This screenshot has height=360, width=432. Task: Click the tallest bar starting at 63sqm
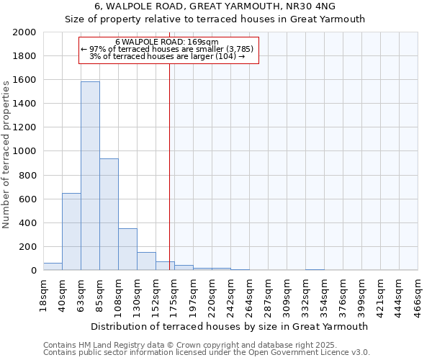click(x=90, y=176)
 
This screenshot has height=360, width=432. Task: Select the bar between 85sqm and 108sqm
click(x=109, y=215)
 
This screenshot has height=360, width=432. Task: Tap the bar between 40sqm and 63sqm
click(x=71, y=232)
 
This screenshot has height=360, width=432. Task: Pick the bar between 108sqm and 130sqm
click(x=127, y=249)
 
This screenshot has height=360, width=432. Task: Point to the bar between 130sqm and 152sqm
click(x=146, y=261)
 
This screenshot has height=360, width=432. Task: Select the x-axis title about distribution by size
click(x=229, y=326)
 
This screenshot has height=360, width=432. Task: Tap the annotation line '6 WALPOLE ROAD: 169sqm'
click(x=167, y=42)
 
